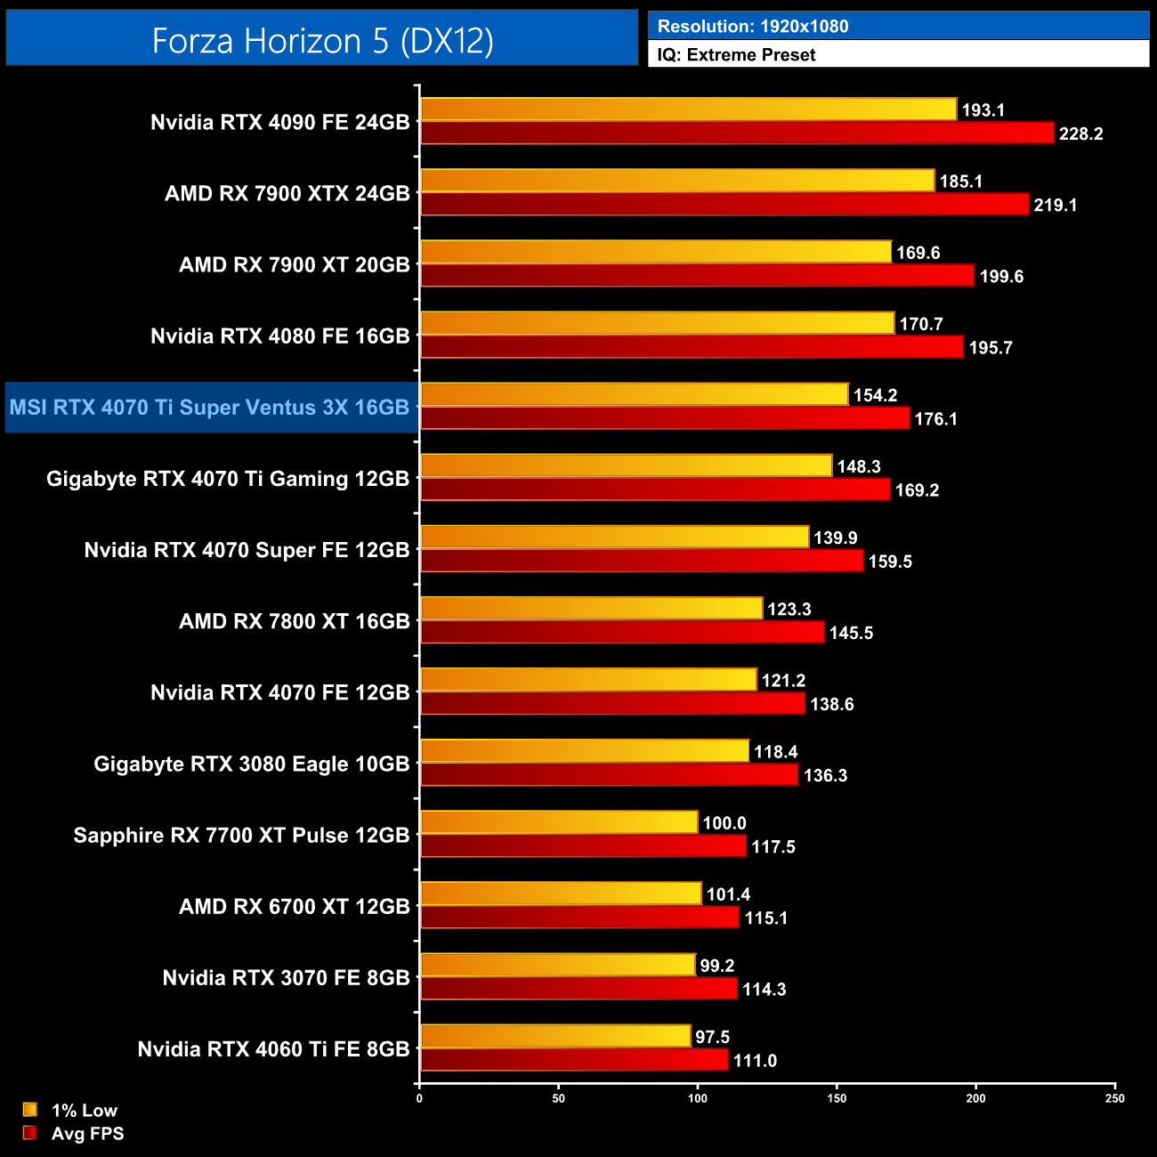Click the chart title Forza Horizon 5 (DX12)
pos(322,41)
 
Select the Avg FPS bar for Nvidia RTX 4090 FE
pos(737,133)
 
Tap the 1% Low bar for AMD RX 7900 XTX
pos(677,181)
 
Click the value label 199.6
pos(1001,277)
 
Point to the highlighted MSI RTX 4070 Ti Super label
pos(210,408)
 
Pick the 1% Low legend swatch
pos(30,1110)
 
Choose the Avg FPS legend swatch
pos(30,1133)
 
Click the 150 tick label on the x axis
pos(837,1098)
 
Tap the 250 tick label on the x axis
pos(1115,1098)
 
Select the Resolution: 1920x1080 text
pos(753,27)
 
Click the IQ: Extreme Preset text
pos(736,55)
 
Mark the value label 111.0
pos(755,1061)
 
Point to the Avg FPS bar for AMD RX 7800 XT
pos(622,632)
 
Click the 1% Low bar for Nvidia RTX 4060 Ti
pos(555,1036)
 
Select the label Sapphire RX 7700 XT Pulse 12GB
pos(241,836)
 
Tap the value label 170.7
pos(920,325)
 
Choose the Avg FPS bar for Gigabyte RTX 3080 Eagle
pos(609,774)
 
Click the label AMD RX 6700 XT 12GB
pos(294,907)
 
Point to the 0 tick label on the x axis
pos(419,1098)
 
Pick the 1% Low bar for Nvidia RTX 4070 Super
pos(614,537)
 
